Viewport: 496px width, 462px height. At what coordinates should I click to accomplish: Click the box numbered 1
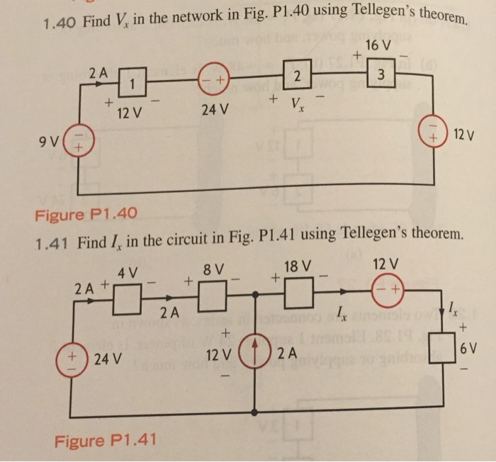(132, 83)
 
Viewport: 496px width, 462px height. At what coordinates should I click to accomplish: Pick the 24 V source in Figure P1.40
(213, 79)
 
